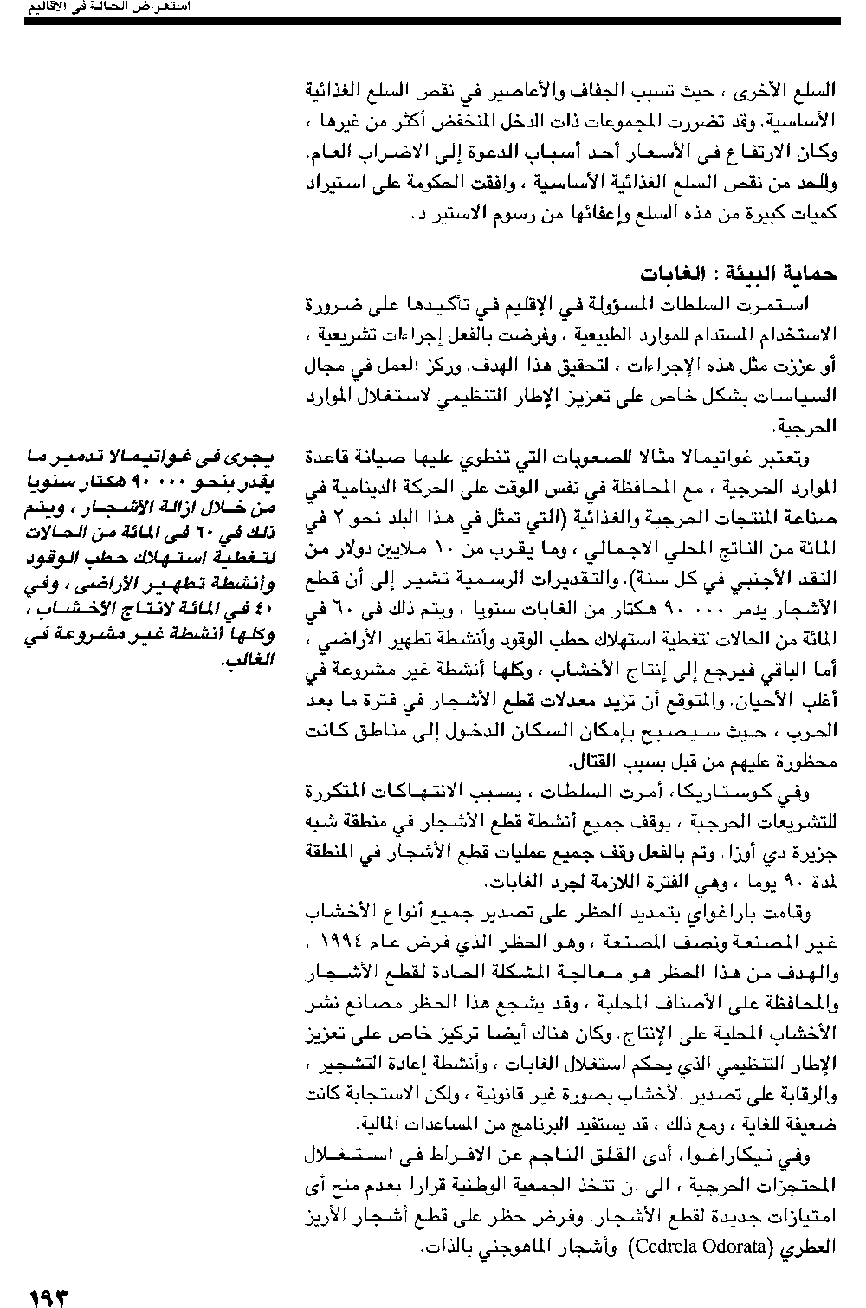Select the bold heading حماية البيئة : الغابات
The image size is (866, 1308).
tap(739, 274)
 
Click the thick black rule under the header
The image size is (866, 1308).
tap(432, 20)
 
